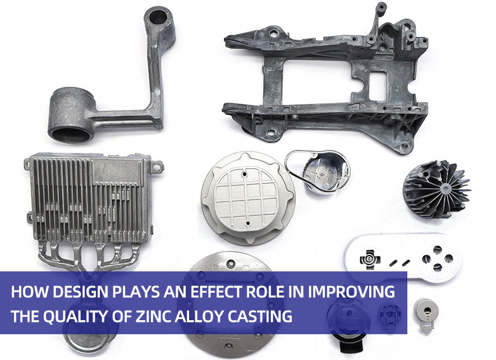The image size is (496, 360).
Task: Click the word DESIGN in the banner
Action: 80,293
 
